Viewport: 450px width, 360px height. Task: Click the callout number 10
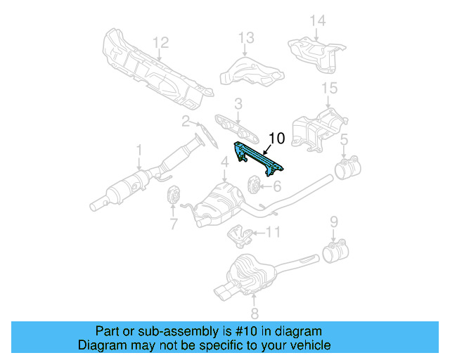tap(276, 139)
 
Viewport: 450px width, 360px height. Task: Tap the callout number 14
tap(318, 20)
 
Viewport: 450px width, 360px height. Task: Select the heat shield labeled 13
tap(250, 72)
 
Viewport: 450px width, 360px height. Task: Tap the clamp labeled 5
tap(346, 169)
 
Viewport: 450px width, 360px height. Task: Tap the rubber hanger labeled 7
tap(172, 196)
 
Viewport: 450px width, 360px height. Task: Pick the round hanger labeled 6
tap(254, 186)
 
